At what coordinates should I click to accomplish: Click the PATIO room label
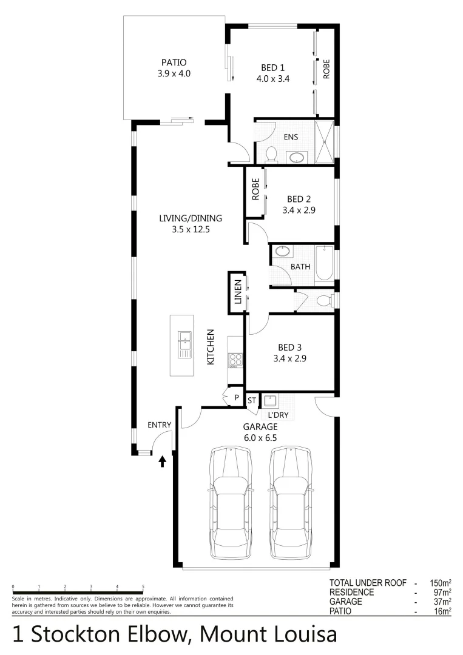point(174,62)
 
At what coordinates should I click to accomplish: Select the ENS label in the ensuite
point(291,137)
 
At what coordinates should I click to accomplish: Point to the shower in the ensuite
point(325,143)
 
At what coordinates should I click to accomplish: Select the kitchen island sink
point(183,343)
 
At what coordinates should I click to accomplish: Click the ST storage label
point(252,400)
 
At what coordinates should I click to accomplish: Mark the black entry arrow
point(162,463)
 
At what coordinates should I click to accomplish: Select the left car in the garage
point(231,503)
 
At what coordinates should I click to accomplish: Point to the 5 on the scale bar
point(143,587)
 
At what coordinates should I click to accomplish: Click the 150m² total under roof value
point(436,583)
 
